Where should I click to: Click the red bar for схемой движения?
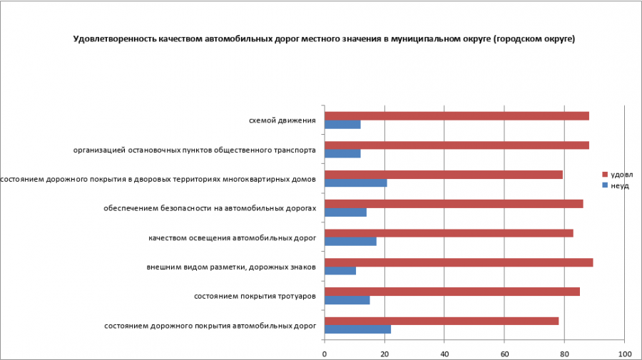pos(457,116)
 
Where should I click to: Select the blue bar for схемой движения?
pos(342,125)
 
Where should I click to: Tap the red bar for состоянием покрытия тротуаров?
pos(452,291)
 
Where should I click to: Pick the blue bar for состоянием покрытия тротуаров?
pos(347,300)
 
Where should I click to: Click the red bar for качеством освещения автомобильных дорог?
pos(449,232)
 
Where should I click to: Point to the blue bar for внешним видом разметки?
pos(340,271)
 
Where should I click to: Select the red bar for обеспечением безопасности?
pos(454,204)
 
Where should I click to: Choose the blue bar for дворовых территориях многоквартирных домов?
pos(356,183)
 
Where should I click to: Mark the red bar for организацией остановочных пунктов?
pos(457,145)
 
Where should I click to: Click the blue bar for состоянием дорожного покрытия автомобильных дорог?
pos(357,329)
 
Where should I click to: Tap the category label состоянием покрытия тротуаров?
pos(255,296)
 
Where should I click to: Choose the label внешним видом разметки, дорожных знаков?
pos(231,267)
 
